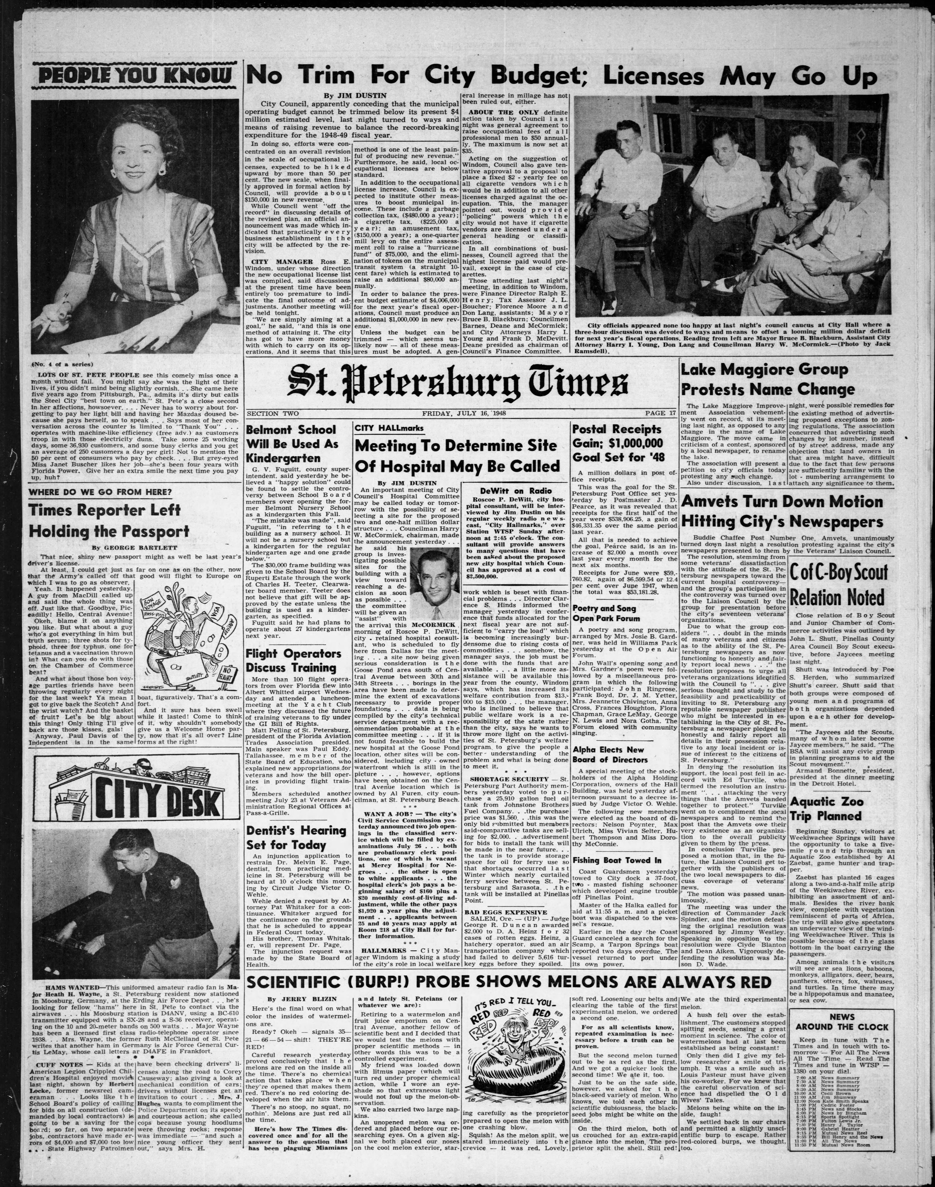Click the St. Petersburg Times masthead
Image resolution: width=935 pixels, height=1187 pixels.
[x=459, y=386]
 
